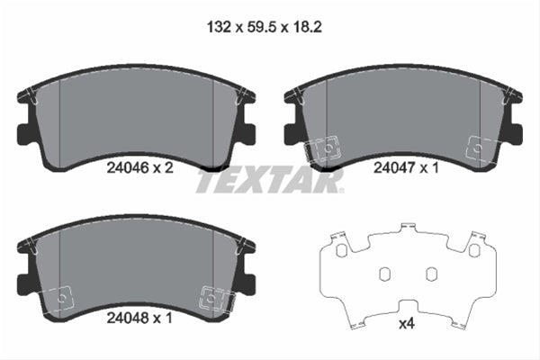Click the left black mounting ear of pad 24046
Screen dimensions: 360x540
coord(25,133)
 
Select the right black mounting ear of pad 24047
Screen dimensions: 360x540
coord(514,133)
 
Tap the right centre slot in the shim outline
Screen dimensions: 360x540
coord(430,274)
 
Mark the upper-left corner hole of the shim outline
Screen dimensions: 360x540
coord(339,248)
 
